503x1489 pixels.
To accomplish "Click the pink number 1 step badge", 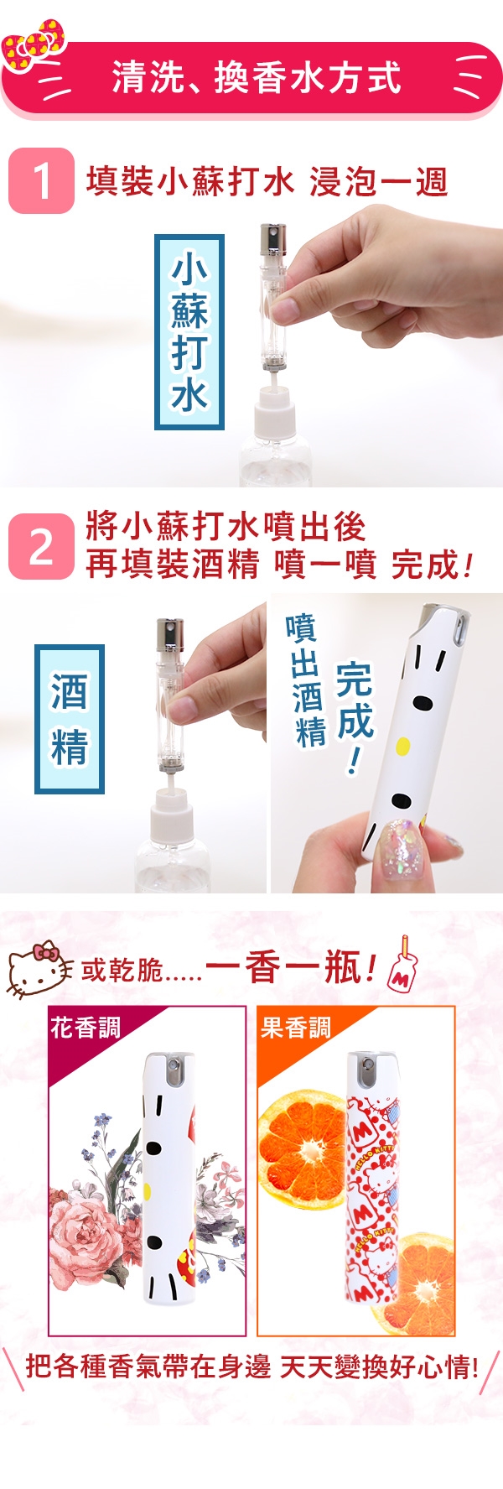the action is (x=41, y=181).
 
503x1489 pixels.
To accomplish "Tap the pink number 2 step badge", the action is (x=41, y=546).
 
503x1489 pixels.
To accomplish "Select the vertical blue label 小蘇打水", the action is (x=189, y=332).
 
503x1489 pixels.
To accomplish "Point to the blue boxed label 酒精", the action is (x=70, y=719).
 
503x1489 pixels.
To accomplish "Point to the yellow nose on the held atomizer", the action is (x=402, y=745).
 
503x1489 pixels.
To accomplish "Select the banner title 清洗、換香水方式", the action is (x=257, y=78).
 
